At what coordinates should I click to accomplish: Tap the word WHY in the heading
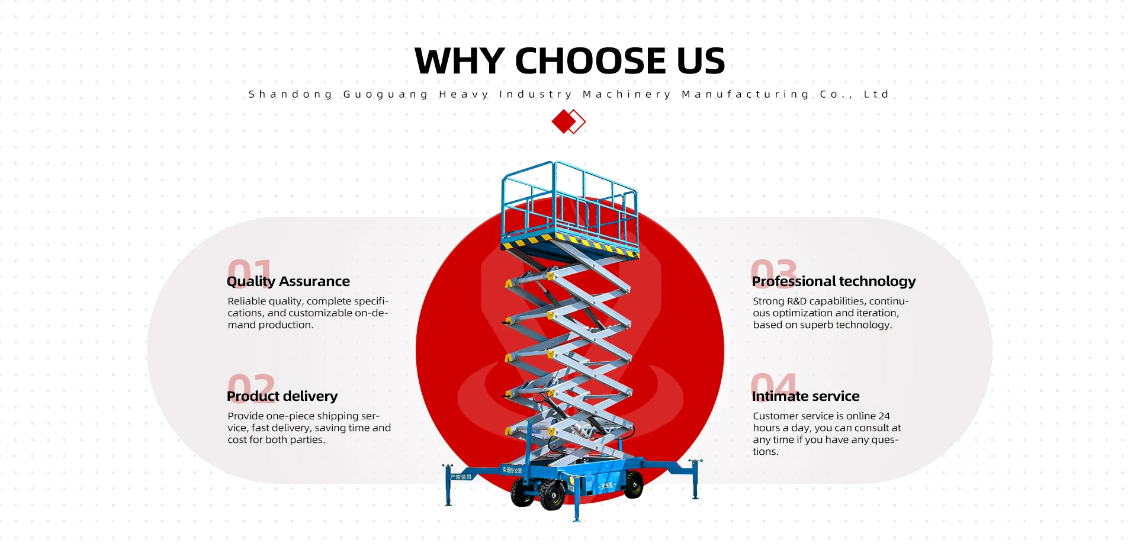459,61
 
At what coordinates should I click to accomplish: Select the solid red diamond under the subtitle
563,121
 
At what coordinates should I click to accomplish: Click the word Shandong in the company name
291,94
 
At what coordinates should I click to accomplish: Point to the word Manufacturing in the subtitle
746,94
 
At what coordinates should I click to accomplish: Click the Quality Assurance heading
288,281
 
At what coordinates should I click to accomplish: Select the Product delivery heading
282,396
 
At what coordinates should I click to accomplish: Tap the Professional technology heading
834,281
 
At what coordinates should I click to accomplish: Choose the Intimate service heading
805,396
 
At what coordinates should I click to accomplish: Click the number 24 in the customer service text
884,416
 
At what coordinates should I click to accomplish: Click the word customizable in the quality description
320,313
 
